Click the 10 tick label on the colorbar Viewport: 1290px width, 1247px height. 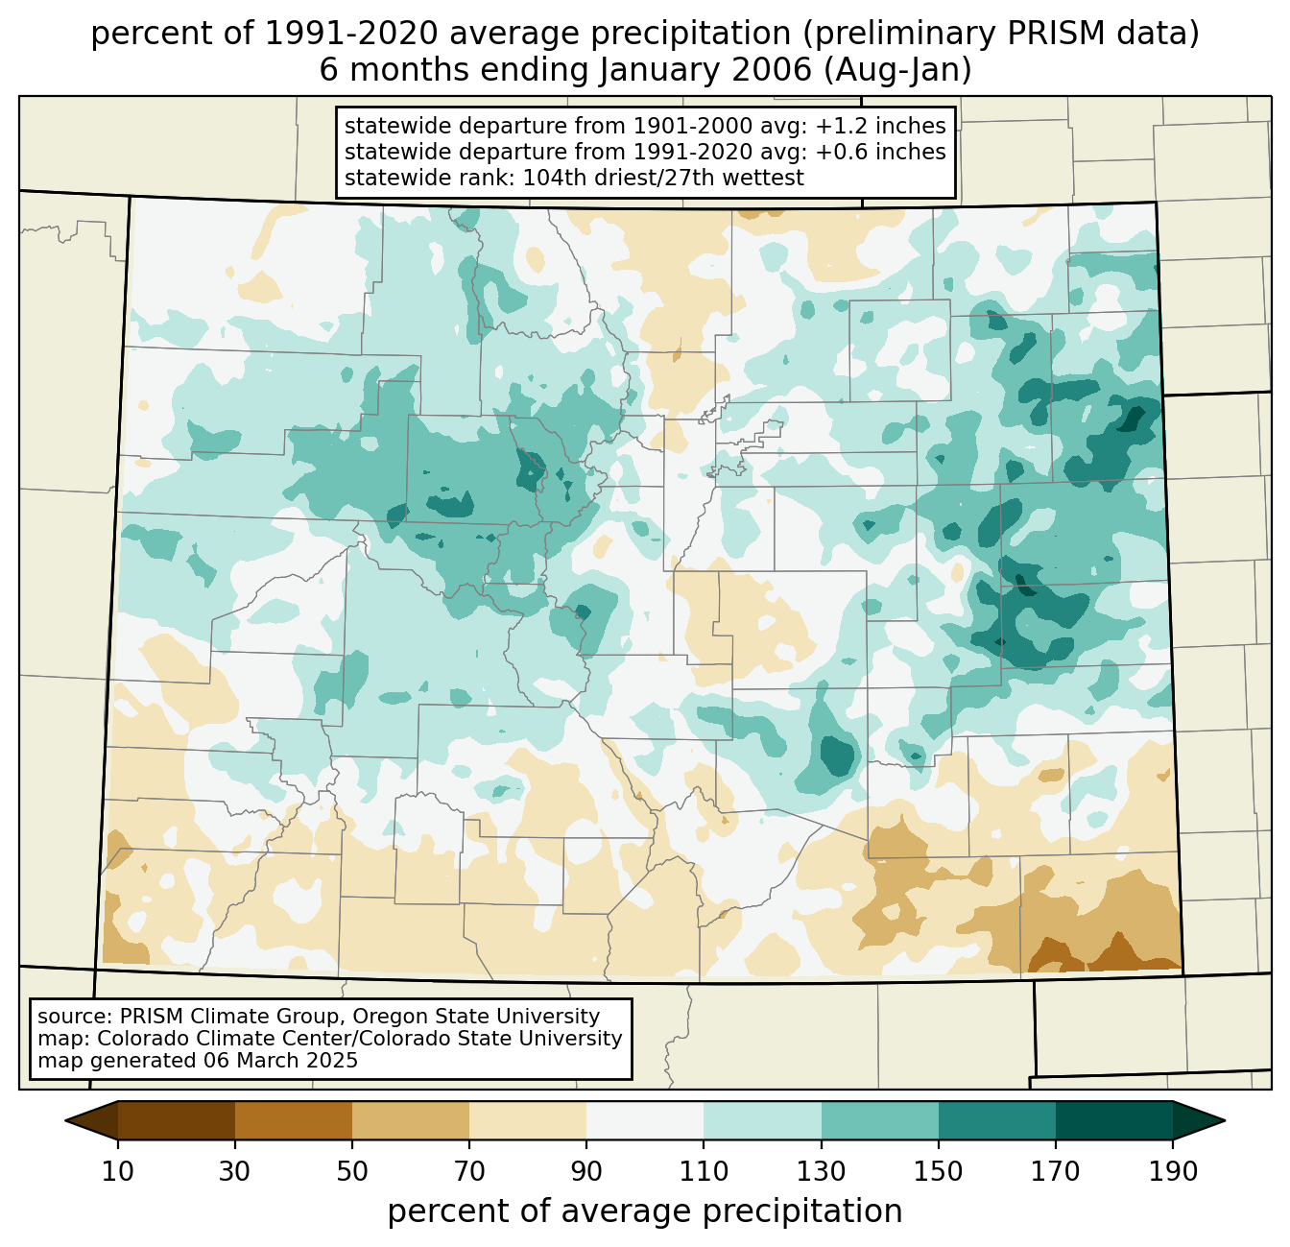pyautogui.click(x=118, y=1172)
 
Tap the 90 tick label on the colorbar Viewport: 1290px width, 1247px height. pyautogui.click(x=586, y=1172)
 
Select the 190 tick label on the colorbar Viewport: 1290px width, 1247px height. pyautogui.click(x=1172, y=1172)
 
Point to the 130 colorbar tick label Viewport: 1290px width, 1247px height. pyautogui.click(x=821, y=1172)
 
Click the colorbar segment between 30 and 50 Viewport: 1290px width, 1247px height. pyautogui.click(x=294, y=1120)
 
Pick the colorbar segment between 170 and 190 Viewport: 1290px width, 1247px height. pyautogui.click(x=1113, y=1120)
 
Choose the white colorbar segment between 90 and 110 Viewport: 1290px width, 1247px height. pyautogui.click(x=645, y=1120)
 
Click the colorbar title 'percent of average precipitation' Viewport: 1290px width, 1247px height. pyautogui.click(x=645, y=1211)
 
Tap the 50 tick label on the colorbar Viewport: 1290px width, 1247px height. pyautogui.click(x=352, y=1172)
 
